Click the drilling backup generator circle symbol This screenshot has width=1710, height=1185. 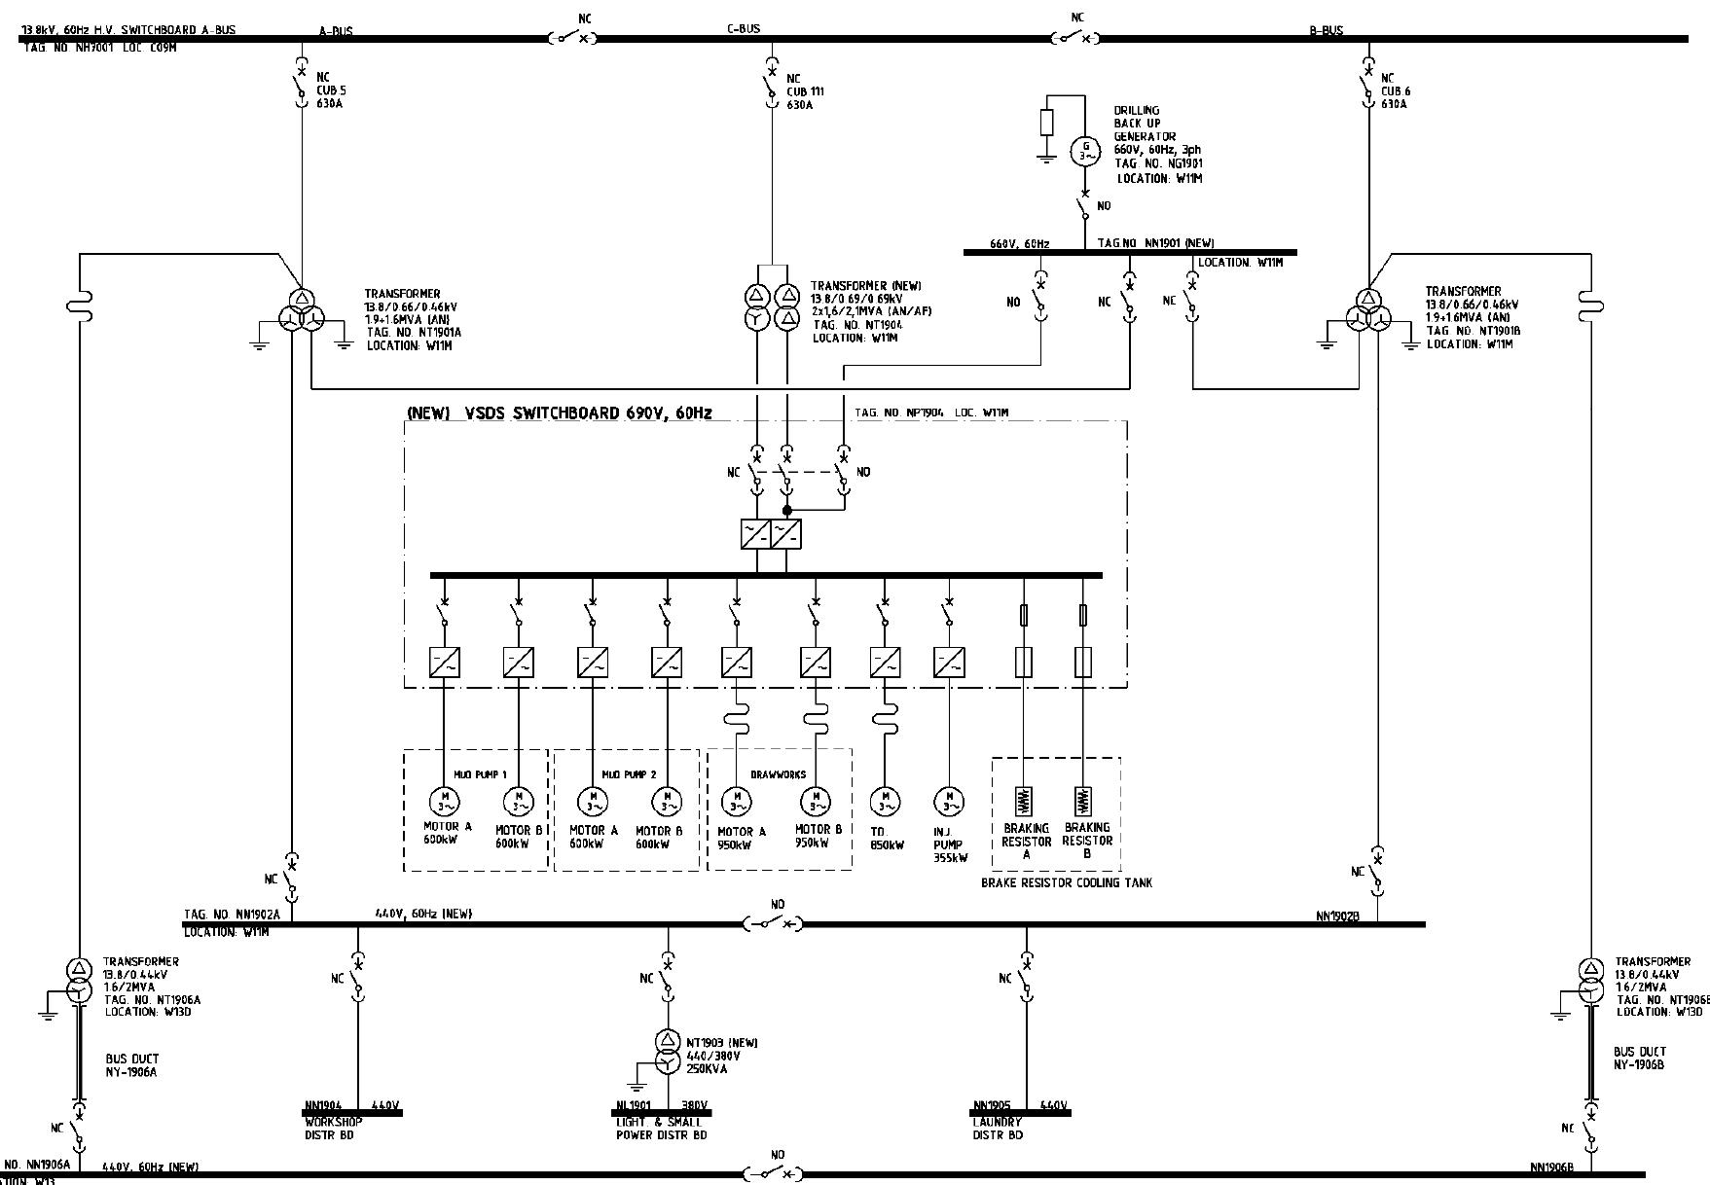pos(1085,151)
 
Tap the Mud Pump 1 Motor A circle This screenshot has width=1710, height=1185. pos(443,802)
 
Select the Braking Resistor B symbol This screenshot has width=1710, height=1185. pos(1082,801)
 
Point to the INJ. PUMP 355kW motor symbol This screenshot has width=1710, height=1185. pos(948,802)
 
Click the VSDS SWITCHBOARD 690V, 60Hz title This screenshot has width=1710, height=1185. pos(559,413)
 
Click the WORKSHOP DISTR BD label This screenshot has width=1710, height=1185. pos(334,1129)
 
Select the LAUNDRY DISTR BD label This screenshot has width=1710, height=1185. pos(998,1129)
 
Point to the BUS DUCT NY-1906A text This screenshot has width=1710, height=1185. pos(132,1065)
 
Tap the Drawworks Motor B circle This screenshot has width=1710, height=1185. pos(815,802)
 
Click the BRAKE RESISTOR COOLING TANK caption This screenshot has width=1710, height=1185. pos(1067,882)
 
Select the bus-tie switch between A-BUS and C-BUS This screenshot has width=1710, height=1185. pos(571,38)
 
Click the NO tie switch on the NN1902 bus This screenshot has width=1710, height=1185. pos(775,922)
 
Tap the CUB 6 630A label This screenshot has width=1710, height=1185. pos(1395,91)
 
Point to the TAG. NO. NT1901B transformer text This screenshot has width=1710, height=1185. pos(1474,331)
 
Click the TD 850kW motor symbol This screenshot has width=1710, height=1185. pos(884,802)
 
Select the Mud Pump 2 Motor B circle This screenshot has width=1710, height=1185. pos(667,802)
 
